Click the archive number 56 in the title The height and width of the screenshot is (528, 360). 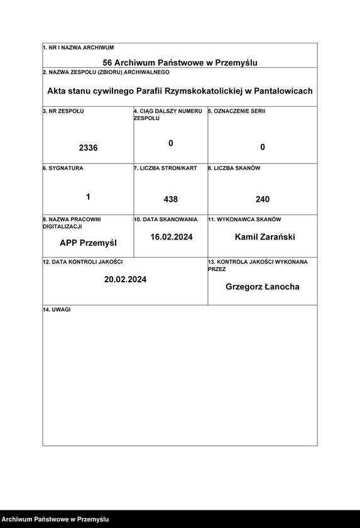107,63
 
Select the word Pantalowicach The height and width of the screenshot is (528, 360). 283,91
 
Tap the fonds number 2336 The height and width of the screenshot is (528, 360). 88,148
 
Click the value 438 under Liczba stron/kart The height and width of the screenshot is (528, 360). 171,199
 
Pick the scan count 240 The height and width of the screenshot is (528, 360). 263,199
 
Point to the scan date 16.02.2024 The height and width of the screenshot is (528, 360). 171,237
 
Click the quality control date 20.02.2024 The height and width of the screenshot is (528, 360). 125,279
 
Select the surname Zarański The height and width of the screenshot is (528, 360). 278,237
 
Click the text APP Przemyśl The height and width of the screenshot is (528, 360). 88,243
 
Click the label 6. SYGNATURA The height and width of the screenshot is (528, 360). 63,168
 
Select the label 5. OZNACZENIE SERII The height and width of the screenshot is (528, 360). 237,111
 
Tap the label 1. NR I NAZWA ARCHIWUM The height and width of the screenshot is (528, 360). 78,48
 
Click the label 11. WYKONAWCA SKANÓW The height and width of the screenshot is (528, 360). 244,220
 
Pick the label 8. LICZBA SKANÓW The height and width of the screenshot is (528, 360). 234,168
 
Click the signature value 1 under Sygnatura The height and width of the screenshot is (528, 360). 88,197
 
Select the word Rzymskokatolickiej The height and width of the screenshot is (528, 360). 199,91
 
